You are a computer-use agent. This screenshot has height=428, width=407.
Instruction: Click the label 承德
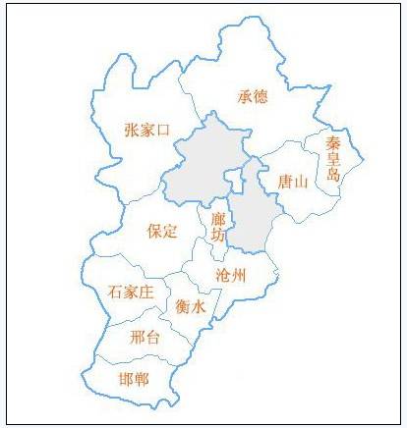pos(253,96)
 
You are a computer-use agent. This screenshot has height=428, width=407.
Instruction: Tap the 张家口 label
pos(147,130)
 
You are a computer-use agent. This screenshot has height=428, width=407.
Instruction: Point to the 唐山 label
pos(293,182)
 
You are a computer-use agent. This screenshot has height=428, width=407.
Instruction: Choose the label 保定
pos(161,232)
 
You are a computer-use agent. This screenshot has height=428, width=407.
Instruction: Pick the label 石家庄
pos(132,292)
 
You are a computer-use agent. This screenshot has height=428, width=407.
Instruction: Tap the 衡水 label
pos(191,306)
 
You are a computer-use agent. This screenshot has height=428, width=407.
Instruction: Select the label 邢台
pos(145,337)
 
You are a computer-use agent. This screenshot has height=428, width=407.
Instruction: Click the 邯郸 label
pos(134,377)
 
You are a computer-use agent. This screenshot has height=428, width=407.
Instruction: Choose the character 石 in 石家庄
pos(116,292)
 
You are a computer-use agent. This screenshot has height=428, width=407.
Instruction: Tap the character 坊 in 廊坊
pos(217,236)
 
